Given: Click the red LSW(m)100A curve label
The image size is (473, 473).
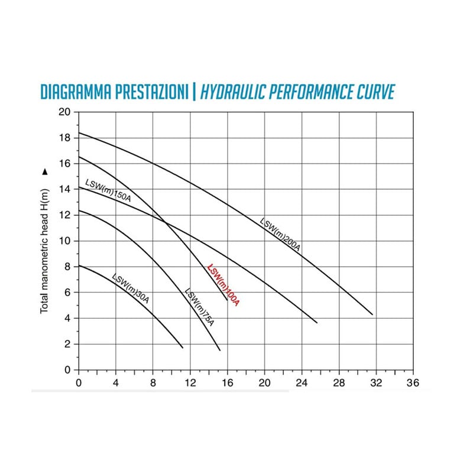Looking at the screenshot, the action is (x=223, y=285).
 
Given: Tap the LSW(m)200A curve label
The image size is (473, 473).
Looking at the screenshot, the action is (x=280, y=234).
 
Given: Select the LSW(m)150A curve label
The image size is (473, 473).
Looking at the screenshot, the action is (x=108, y=190).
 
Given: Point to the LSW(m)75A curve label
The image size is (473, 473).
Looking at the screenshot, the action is (x=199, y=307).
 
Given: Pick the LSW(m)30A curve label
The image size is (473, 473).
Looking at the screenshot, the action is (x=130, y=288).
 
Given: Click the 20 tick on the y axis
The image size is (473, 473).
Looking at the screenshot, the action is (x=64, y=112).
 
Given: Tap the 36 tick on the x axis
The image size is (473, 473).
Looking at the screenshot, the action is (x=413, y=383).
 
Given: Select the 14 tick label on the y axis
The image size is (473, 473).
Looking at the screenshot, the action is (x=64, y=189).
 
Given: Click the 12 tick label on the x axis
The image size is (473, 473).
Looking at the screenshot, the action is (x=190, y=383).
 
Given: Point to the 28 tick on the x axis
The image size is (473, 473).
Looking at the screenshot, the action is (x=339, y=383).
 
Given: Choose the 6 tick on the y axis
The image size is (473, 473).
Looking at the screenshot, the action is (x=67, y=292).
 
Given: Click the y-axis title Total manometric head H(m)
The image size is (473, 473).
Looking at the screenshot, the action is (x=44, y=251).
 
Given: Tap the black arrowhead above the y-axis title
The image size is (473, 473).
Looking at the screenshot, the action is (x=45, y=171).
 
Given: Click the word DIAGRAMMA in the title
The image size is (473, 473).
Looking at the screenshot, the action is (x=76, y=92).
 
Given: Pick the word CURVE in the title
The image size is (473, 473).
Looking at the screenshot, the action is (x=375, y=92).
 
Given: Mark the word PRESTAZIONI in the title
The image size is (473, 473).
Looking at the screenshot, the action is (x=152, y=92).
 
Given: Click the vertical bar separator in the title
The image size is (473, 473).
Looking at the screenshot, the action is (x=194, y=92).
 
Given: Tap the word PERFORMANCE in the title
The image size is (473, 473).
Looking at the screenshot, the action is (x=311, y=92).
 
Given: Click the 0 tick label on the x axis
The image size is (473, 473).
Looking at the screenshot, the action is (x=79, y=383).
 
